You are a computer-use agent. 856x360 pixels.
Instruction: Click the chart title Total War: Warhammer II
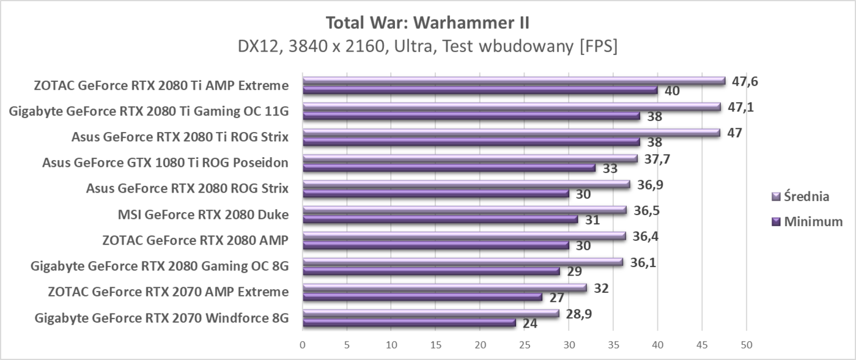[428, 23]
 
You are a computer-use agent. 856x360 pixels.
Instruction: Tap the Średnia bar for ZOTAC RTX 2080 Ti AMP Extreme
[514, 81]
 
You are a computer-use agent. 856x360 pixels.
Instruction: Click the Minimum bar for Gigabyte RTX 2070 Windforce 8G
[409, 323]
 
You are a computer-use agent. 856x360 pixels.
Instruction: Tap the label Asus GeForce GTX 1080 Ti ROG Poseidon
[165, 163]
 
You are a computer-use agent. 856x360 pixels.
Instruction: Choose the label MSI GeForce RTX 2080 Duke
[202, 215]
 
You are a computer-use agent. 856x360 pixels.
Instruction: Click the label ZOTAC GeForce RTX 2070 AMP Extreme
[168, 292]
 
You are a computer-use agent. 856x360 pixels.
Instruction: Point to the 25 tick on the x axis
[524, 344]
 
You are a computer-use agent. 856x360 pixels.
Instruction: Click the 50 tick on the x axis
[746, 344]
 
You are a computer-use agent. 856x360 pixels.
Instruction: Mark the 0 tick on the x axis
[303, 344]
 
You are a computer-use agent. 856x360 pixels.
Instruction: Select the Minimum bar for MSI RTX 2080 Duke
[440, 219]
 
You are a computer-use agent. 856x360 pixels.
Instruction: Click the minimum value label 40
[673, 91]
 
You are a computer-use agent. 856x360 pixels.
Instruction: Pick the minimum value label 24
[530, 323]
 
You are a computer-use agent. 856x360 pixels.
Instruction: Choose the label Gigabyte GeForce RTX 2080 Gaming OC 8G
[160, 266]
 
